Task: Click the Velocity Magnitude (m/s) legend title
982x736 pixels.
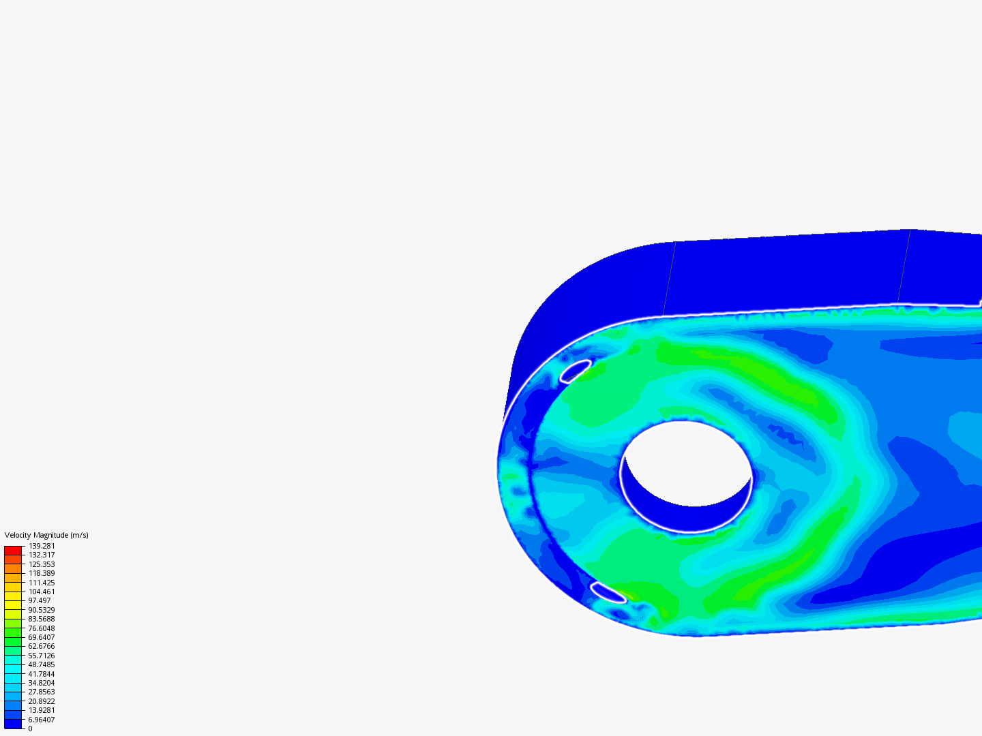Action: pos(46,535)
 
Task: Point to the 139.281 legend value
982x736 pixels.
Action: pos(42,546)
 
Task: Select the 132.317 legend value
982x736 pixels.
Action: pos(42,555)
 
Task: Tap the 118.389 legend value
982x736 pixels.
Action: pos(42,573)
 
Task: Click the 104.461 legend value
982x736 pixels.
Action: pos(42,592)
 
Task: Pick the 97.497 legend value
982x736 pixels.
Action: pos(40,600)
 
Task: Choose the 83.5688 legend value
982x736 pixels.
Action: pos(42,619)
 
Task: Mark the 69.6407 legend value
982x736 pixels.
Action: pos(42,637)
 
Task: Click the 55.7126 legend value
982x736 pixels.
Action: pos(42,655)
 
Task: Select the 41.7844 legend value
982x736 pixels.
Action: pos(42,673)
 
